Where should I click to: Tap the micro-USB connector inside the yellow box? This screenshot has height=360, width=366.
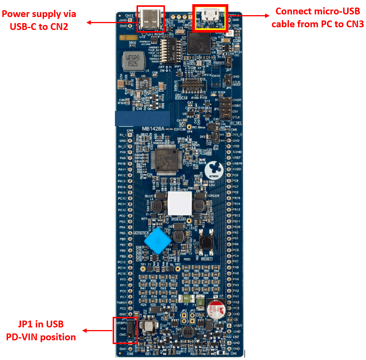210,17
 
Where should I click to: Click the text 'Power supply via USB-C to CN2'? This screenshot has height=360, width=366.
39,20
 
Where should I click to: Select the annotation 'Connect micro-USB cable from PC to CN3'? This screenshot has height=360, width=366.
317,17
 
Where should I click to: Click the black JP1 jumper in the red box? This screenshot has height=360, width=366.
130,330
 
